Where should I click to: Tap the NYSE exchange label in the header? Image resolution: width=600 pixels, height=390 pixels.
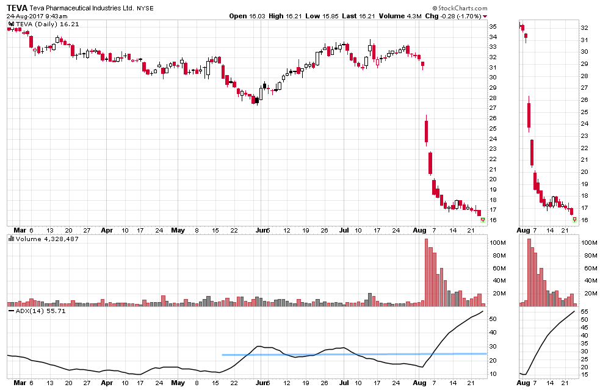[145, 9]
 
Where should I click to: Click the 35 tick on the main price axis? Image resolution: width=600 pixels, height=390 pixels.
[493, 27]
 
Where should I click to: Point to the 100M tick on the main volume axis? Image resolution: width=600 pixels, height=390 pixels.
[498, 243]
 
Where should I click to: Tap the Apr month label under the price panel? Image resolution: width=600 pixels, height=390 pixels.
[107, 230]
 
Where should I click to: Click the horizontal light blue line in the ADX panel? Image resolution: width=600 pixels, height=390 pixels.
[354, 354]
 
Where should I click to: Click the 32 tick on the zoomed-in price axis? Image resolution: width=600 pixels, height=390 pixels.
[584, 28]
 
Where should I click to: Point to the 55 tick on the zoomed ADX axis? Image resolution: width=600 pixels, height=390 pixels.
[584, 312]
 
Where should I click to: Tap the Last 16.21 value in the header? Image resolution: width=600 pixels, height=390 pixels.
[354, 16]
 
